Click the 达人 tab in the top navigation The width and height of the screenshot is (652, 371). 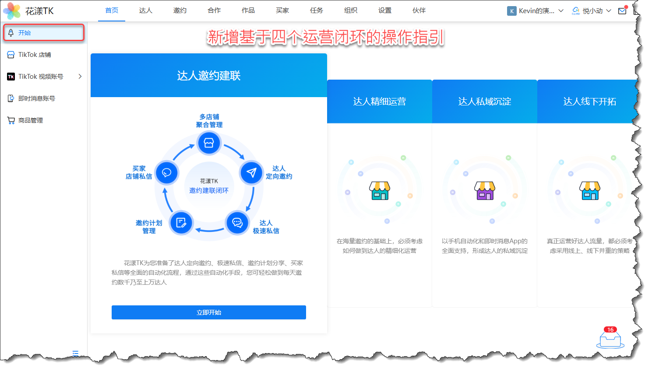pos(146,10)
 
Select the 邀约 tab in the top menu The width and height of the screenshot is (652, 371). pos(180,10)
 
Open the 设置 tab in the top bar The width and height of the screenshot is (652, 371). pos(385,10)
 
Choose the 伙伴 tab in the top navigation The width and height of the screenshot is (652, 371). pos(419,10)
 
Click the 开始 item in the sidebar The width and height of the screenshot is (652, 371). pos(25,33)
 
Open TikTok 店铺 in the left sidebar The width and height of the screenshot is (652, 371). pos(35,55)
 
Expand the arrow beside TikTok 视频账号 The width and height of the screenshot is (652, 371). pos(80,77)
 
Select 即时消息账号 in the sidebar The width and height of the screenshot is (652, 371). pos(36,98)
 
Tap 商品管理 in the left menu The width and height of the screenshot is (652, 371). pos(31,120)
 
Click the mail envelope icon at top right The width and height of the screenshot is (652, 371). pos(622,11)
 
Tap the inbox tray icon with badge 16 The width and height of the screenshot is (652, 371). pos(610,339)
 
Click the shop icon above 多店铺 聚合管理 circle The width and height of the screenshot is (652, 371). pos(209,143)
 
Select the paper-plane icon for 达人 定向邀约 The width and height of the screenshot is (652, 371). pos(251,173)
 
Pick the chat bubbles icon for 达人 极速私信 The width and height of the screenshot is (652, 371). pos(237,223)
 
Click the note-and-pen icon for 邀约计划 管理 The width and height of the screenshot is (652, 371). pos(181,223)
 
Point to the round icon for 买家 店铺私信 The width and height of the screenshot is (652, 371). pos(166,173)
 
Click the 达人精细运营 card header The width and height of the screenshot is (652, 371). pos(380,101)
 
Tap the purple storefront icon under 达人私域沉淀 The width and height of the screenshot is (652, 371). pos(485,191)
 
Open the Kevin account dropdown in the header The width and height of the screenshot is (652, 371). pos(536,11)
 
